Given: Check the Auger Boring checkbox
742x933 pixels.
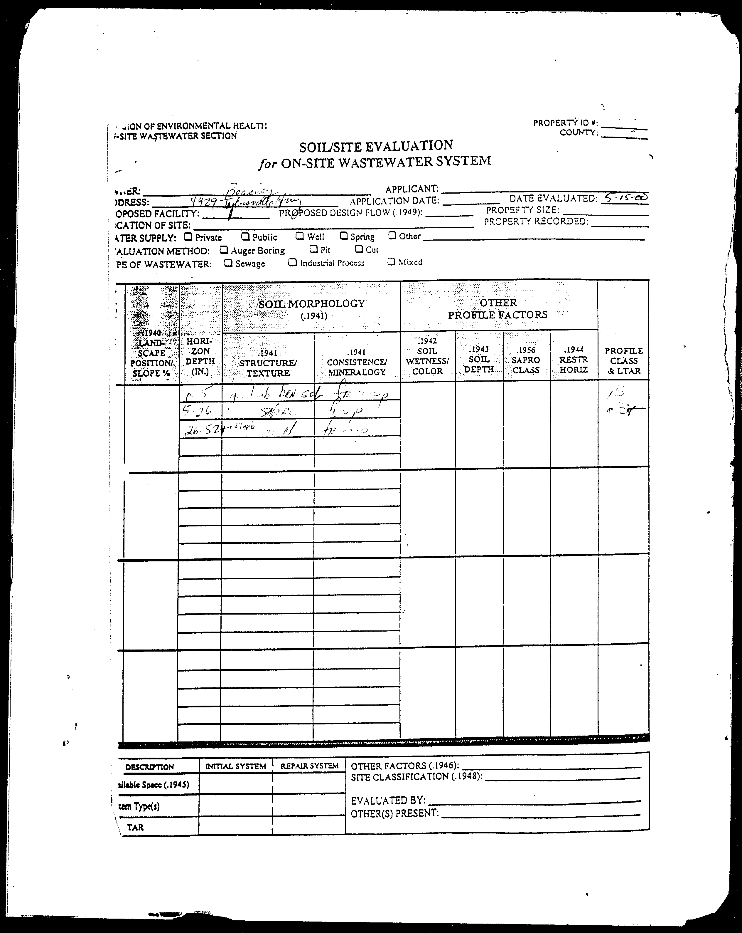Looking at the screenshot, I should click(224, 250).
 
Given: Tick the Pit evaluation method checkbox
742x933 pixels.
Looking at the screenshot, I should click(313, 249).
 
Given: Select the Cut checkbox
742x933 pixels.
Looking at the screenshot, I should click(358, 249).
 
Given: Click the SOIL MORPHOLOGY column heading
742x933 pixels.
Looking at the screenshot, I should click(311, 304).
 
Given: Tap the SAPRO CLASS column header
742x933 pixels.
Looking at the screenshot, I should click(526, 360).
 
